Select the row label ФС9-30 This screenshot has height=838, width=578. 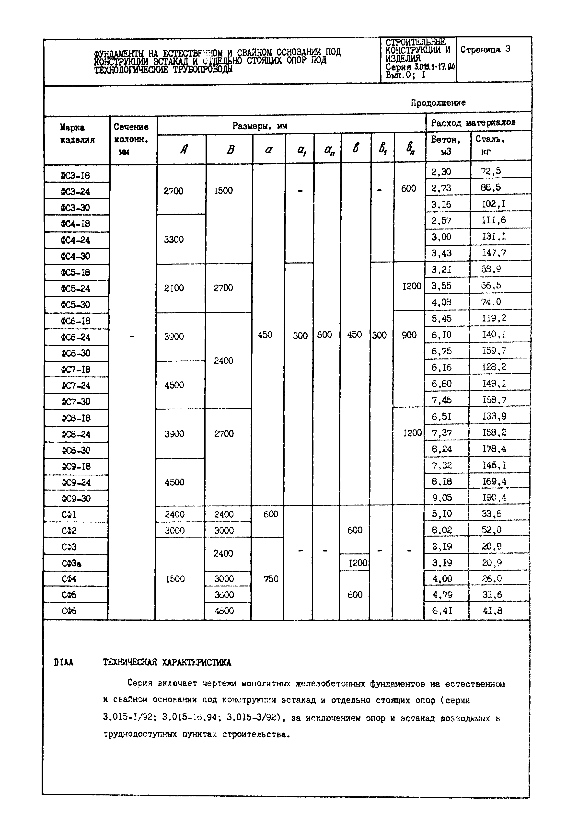click(x=75, y=499)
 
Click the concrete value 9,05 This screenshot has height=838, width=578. click(x=442, y=498)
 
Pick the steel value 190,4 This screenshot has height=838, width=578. click(x=494, y=498)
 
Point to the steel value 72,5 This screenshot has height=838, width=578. click(x=491, y=171)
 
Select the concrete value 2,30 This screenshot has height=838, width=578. click(x=441, y=172)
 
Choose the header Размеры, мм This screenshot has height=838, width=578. click(x=260, y=126)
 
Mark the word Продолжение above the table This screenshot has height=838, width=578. click(x=438, y=103)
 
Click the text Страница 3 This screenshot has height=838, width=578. click(x=485, y=50)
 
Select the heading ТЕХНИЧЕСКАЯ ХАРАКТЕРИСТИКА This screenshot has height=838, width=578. click(x=167, y=663)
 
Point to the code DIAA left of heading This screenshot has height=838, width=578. click(x=64, y=663)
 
